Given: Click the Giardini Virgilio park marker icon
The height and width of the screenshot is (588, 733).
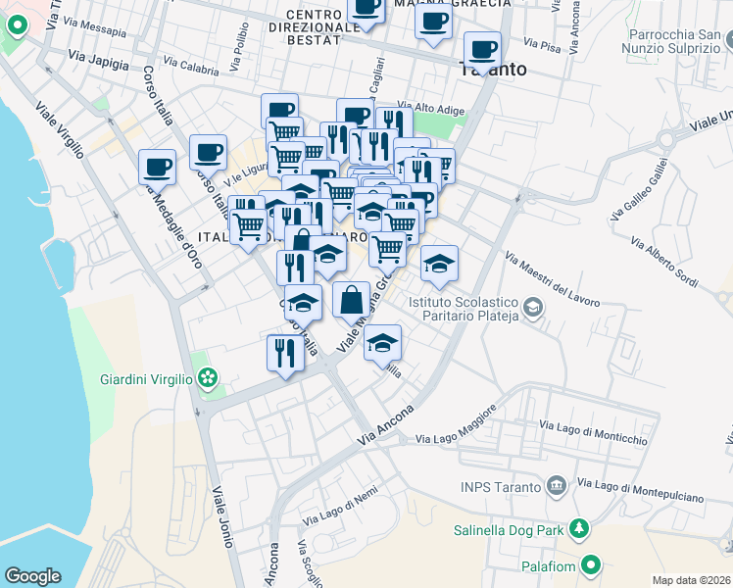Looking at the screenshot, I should coord(207,378).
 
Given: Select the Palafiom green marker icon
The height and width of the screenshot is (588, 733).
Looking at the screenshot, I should coord(591,564).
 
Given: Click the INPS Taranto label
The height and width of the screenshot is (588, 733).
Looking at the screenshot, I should coord(500,487).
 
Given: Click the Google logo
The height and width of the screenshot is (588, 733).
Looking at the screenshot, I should coord(32,576).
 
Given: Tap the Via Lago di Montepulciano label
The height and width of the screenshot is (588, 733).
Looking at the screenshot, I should coord(640,490).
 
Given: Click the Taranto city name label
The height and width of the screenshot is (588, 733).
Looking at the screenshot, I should coord(493,71).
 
